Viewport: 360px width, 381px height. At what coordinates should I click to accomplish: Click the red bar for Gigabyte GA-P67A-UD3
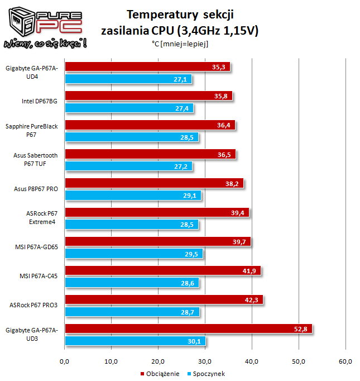tap(189, 329)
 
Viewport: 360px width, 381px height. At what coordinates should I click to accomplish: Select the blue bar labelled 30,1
tap(136, 341)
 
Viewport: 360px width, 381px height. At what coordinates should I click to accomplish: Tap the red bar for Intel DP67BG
tap(148, 96)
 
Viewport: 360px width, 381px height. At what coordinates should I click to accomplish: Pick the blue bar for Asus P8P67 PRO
tap(133, 196)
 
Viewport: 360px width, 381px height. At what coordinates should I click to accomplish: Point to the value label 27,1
tap(180, 79)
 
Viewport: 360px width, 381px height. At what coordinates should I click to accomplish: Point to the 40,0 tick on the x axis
tap(252, 361)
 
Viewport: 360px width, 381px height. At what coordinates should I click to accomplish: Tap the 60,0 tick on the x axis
tap(345, 361)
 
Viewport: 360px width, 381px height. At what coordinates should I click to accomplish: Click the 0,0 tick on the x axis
tap(65, 361)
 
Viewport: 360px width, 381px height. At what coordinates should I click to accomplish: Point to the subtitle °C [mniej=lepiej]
tap(179, 44)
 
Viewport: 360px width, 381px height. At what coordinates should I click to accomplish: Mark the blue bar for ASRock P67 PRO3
tap(132, 312)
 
